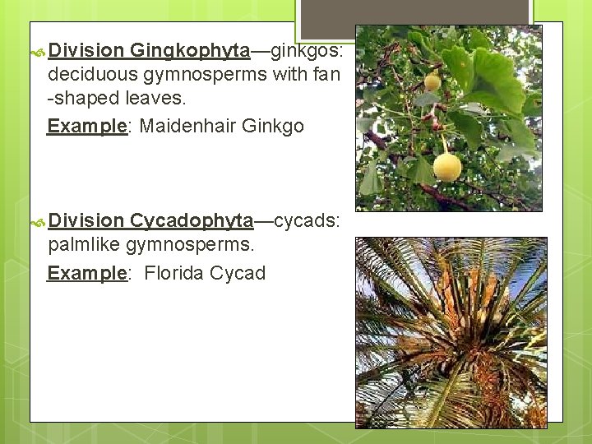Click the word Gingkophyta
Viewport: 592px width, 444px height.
[x=189, y=51]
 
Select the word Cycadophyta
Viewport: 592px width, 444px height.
[x=191, y=220]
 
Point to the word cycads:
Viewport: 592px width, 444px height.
[x=307, y=220]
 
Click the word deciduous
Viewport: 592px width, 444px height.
[x=94, y=76]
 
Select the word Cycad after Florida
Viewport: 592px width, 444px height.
[x=239, y=273]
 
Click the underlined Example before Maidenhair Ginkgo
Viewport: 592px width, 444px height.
[x=86, y=126]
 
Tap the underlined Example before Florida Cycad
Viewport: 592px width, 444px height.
[x=86, y=273]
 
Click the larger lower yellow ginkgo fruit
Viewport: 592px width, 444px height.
[x=447, y=167]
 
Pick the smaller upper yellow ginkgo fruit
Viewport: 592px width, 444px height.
[x=432, y=82]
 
